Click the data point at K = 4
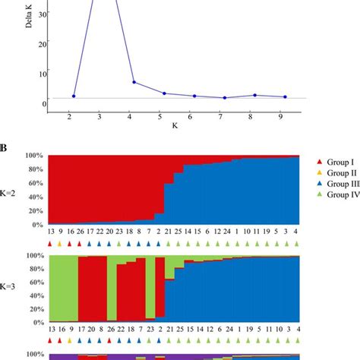pos(134,82)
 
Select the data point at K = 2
pos(74,96)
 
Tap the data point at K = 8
pos(254,95)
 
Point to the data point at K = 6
pos(194,96)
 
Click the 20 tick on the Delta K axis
pos(42,43)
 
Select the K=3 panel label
pos(11,290)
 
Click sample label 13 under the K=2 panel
pos(50,232)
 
